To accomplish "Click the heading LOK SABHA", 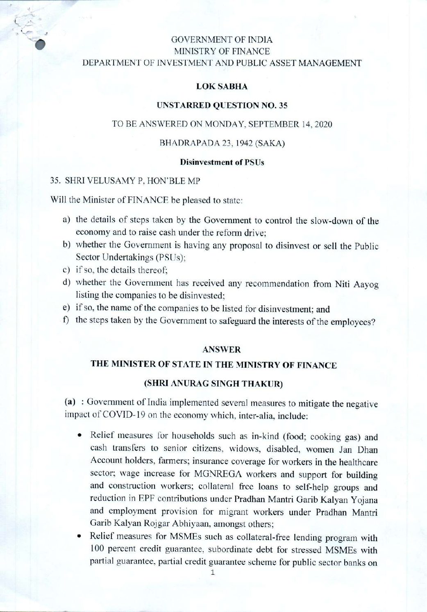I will click(222, 86).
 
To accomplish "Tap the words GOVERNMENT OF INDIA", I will click(222, 40).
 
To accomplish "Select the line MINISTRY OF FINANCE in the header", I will click(222, 52).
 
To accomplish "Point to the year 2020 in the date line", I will click(323, 124).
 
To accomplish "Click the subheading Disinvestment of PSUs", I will click(222, 162).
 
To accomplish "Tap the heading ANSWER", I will click(222, 350).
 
